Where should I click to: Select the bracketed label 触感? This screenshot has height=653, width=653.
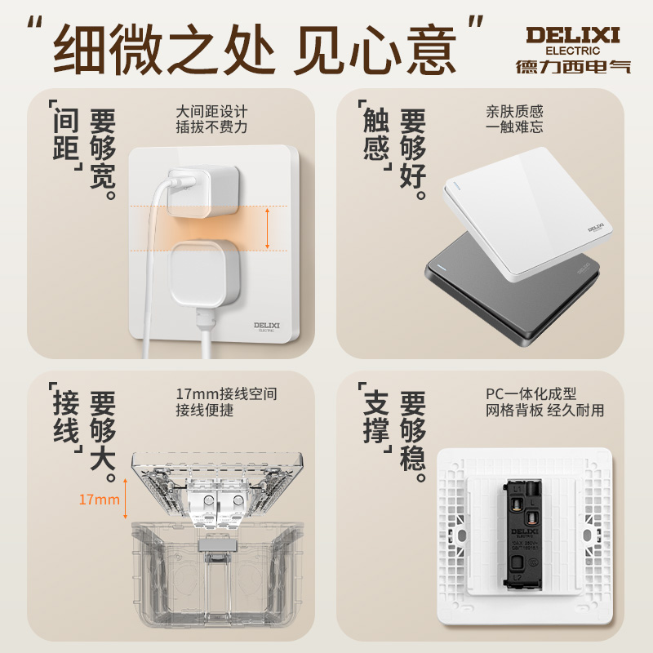[375, 135]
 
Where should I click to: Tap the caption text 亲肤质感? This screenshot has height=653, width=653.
[514, 111]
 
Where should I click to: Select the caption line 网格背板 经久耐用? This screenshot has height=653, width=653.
[544, 410]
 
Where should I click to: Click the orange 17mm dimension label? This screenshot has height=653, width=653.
[99, 500]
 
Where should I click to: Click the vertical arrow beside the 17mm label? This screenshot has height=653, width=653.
[125, 500]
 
